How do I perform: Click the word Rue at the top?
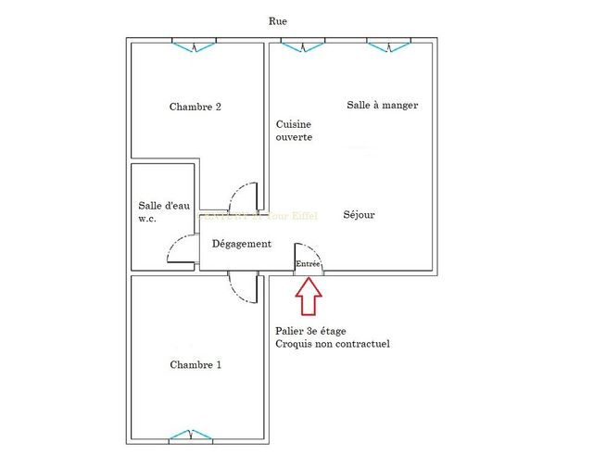pyautogui.click(x=277, y=20)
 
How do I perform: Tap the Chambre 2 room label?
pyautogui.click(x=195, y=107)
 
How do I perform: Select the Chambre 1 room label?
pyautogui.click(x=195, y=364)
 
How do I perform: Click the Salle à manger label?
pyautogui.click(x=382, y=105)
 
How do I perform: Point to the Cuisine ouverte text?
pyautogui.click(x=294, y=131)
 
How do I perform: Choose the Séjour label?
pyautogui.click(x=359, y=215)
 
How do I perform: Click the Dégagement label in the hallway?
pyautogui.click(x=241, y=244)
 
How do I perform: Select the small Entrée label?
pyautogui.click(x=308, y=264)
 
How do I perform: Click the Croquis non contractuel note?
pyautogui.click(x=332, y=344)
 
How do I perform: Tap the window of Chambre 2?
pyautogui.click(x=194, y=44)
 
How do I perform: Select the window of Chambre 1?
pyautogui.click(x=194, y=435)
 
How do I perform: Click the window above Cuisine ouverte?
pyautogui.click(x=303, y=44)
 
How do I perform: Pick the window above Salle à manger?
pyautogui.click(x=388, y=44)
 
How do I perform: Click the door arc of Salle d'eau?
pyautogui.click(x=180, y=248)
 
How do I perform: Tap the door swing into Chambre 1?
pyautogui.click(x=244, y=288)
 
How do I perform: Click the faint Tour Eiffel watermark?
pyautogui.click(x=269, y=216)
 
